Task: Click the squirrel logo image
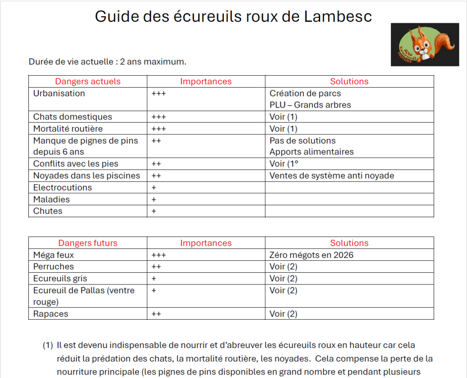point(425,45)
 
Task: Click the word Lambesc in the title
point(338,16)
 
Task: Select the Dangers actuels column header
point(88,82)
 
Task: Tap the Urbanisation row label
point(59,93)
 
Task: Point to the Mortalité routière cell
point(68,129)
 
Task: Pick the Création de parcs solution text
point(305,93)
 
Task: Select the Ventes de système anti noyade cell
point(332,176)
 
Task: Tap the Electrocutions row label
point(62,188)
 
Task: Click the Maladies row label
point(52,200)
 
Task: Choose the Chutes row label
point(48,212)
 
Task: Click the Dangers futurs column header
point(88,243)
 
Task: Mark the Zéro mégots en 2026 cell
point(311,255)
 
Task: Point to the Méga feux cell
point(53,255)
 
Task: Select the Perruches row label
point(53,267)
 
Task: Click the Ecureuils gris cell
point(60,279)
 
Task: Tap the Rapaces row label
point(51,314)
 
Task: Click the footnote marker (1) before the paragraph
point(48,346)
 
